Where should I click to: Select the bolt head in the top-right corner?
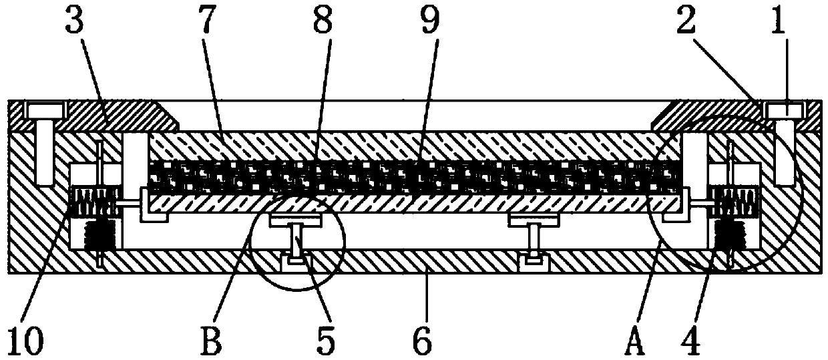(x=786, y=109)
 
